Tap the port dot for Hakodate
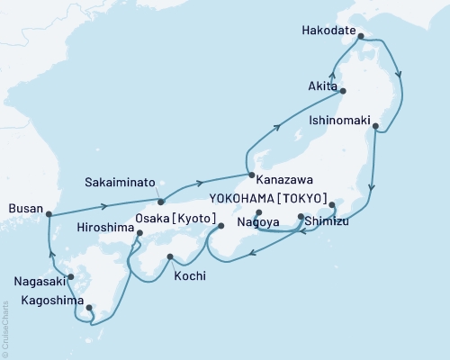(x=361, y=37)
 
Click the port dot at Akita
(x=342, y=90)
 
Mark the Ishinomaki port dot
(x=375, y=126)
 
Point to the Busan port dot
(x=49, y=214)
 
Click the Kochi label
(x=188, y=275)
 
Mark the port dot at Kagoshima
(x=89, y=310)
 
